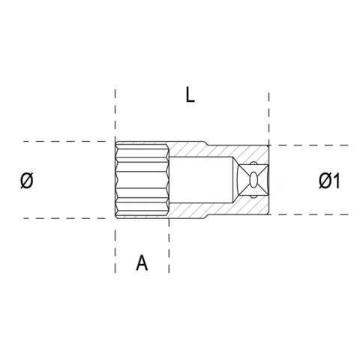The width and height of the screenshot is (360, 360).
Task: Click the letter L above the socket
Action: (191, 95)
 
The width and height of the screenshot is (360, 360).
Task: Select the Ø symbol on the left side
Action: (28, 180)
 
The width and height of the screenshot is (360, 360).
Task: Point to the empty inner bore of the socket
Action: (199, 180)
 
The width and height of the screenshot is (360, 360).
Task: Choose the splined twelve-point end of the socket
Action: (142, 180)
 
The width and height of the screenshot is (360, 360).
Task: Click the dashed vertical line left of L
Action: (115, 112)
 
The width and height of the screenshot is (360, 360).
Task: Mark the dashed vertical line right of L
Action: (268, 112)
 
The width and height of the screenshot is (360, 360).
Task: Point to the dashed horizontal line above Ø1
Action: (315, 145)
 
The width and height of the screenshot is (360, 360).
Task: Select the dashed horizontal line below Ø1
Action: (315, 214)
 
